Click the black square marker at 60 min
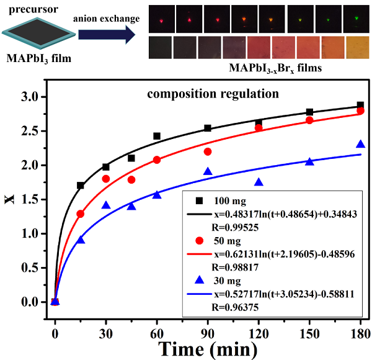coord(157,136)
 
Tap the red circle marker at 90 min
coord(208,152)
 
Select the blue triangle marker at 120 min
coord(259,182)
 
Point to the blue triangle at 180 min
coord(360,145)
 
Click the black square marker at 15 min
coord(81,186)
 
